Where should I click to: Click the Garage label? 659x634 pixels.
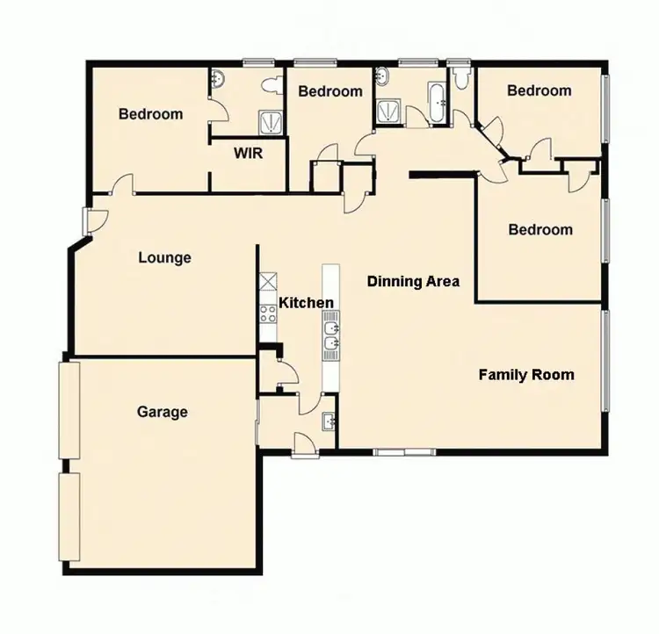click(x=163, y=411)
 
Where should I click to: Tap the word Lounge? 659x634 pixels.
click(x=164, y=258)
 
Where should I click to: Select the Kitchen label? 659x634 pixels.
click(x=306, y=303)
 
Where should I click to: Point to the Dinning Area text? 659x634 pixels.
click(x=414, y=281)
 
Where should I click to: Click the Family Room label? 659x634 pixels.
click(x=525, y=375)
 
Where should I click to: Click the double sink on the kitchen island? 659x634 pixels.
click(x=331, y=337)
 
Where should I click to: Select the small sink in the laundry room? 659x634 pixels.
click(x=329, y=421)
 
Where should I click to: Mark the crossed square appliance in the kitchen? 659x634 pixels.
click(x=266, y=284)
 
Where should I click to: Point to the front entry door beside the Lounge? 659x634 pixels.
click(x=89, y=220)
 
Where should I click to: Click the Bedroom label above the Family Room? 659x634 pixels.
click(x=540, y=230)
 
